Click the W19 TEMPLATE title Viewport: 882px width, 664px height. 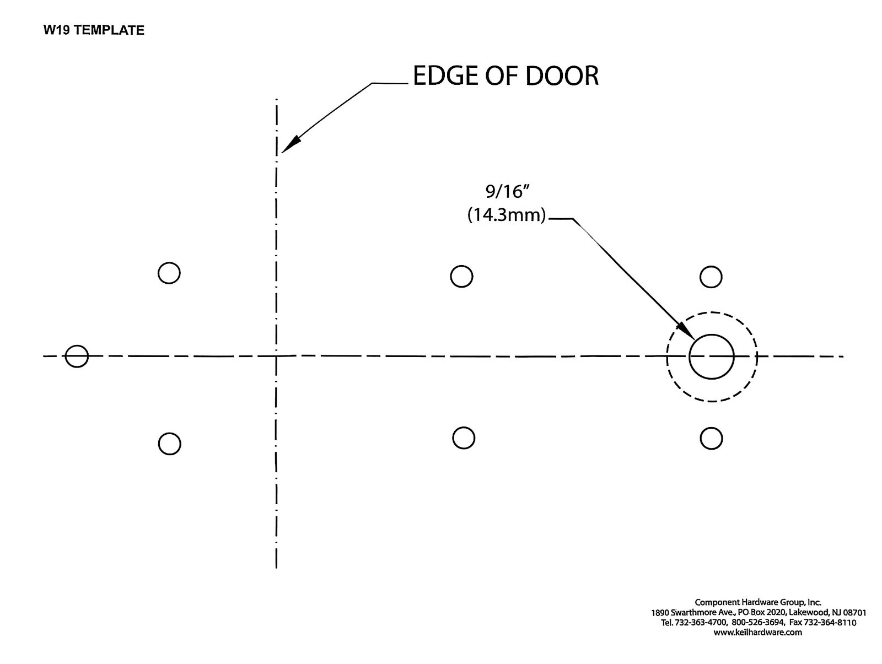pos(94,30)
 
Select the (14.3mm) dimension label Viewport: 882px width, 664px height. pos(507,215)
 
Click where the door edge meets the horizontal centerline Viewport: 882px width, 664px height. pos(276,356)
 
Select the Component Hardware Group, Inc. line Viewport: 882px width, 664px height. pos(758,602)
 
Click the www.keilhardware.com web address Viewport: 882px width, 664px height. pos(757,632)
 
